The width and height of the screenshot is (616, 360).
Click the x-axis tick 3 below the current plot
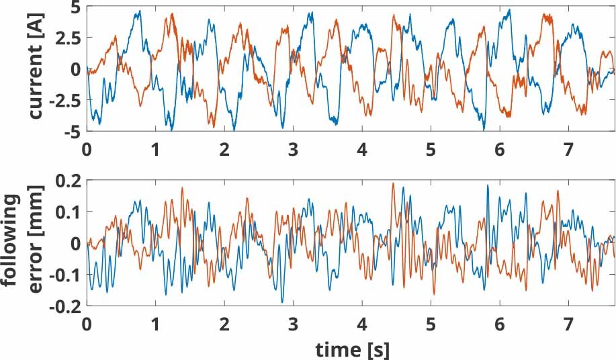292,149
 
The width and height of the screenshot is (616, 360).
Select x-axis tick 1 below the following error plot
155,323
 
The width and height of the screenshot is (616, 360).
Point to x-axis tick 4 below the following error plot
361,323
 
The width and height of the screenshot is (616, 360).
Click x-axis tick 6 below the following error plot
499,323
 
